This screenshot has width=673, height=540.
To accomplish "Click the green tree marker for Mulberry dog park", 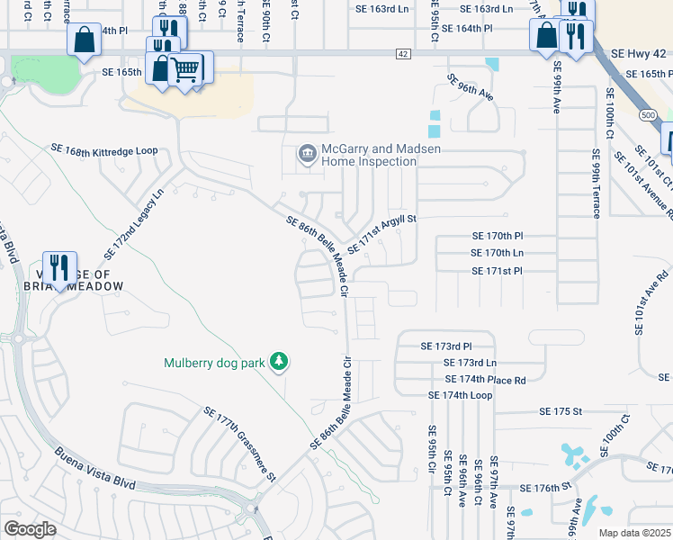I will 280,362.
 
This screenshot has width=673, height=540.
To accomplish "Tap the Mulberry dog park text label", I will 214,364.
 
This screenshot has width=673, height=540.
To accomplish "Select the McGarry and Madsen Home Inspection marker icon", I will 307,154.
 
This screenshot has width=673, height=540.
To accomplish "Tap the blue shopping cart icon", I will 186,67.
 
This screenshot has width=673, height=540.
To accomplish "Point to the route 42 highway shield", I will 403,54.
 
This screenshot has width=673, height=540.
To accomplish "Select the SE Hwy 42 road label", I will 634,54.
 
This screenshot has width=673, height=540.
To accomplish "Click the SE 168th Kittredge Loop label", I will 103,149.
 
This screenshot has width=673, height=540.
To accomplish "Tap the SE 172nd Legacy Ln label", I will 146,212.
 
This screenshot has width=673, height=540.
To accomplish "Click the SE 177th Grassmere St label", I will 238,441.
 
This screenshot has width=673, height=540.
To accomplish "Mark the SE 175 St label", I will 561,410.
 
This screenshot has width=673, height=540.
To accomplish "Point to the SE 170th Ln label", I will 510,253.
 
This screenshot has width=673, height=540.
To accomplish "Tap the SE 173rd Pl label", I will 446,346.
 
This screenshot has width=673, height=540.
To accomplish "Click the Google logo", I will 31,528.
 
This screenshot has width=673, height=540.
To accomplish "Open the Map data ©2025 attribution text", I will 633,533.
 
